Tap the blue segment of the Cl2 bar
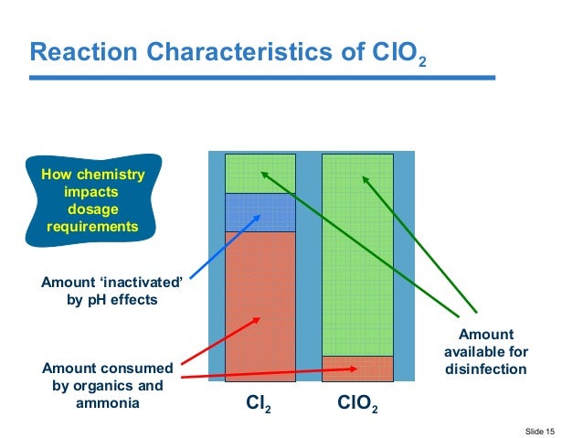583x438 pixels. pyautogui.click(x=260, y=212)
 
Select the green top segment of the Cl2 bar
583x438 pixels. pyautogui.click(x=260, y=173)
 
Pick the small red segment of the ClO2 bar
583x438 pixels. pyautogui.click(x=357, y=369)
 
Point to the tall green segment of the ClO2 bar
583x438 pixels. pyautogui.click(x=357, y=256)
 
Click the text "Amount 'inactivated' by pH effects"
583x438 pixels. pyautogui.click(x=112, y=291)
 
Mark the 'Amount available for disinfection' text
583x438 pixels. pyautogui.click(x=485, y=352)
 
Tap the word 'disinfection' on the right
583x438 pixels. pyautogui.click(x=485, y=369)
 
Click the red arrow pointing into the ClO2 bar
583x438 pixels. pyautogui.click(x=274, y=373)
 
